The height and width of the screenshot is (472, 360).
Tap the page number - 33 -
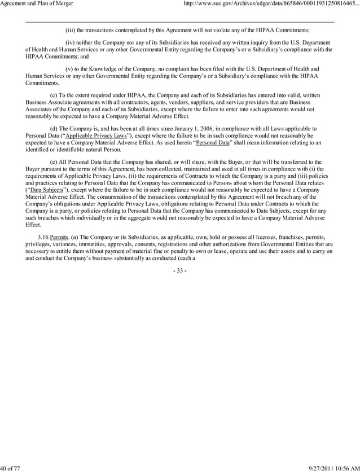point(179,271)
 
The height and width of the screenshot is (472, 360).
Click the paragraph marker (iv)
point(72,43)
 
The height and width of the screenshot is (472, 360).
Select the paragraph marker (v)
point(72,68)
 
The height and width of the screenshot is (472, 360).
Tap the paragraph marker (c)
point(54,94)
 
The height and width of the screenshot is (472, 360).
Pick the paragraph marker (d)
point(54,129)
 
